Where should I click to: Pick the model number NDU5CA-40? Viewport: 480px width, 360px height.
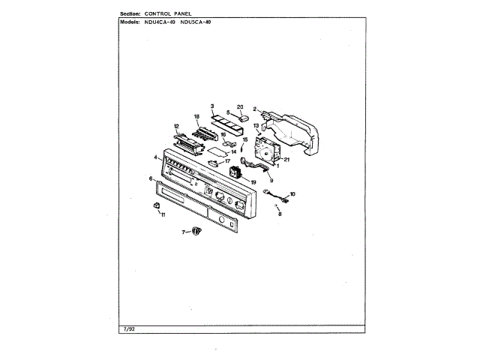(x=196, y=22)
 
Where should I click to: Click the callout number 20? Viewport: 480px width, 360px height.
(x=241, y=106)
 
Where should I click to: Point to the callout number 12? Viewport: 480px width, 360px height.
(x=177, y=126)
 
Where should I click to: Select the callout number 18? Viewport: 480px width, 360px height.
(x=196, y=117)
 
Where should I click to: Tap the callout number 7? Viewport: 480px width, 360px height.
(x=181, y=232)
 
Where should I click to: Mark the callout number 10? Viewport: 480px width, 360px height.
(x=292, y=193)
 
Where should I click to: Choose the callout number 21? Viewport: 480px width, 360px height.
(x=286, y=158)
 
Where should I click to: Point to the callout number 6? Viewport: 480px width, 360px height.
(x=151, y=178)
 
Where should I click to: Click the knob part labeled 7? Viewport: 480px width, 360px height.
(x=196, y=231)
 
